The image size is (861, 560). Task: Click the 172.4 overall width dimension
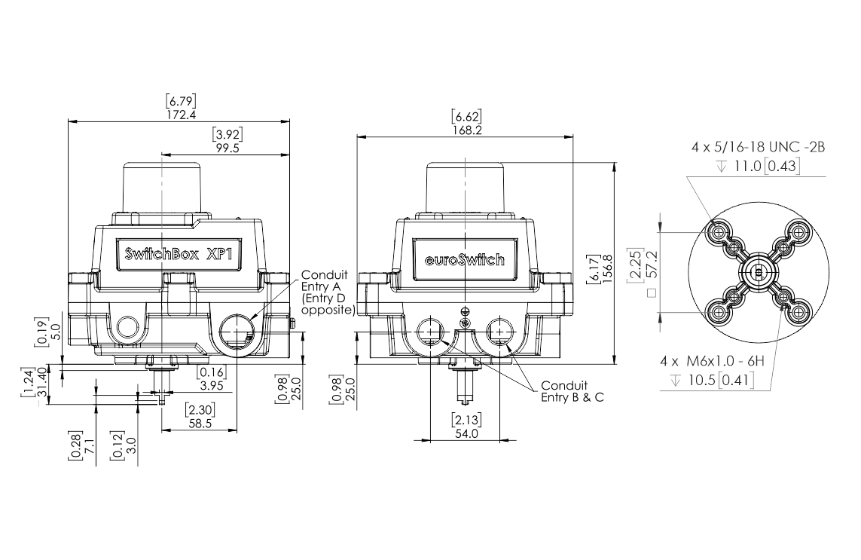(181, 115)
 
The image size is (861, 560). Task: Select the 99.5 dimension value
(227, 148)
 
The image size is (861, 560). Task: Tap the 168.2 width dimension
(467, 130)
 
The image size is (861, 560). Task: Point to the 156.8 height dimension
(607, 269)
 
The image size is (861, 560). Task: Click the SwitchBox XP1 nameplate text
(179, 254)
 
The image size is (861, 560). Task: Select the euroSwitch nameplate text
(465, 259)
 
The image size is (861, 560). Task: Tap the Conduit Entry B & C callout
(572, 391)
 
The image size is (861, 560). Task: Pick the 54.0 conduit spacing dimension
(466, 433)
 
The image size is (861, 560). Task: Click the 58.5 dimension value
(200, 423)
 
